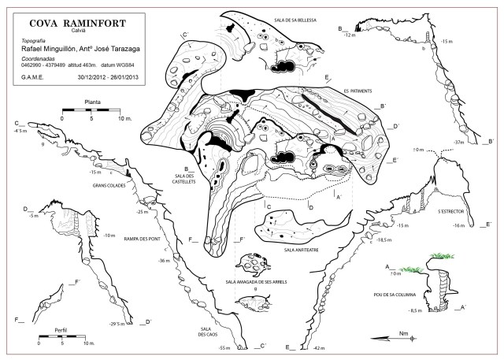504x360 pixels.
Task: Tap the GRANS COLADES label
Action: (x=109, y=185)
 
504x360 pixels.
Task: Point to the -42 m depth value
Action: (x=318, y=347)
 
